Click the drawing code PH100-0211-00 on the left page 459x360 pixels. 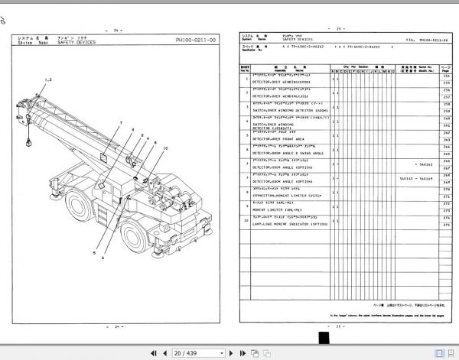tap(194, 41)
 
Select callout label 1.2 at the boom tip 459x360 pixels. tap(48, 80)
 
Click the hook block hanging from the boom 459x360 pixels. tap(28, 142)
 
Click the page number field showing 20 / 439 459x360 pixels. tap(187, 352)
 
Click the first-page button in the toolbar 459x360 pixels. tap(155, 352)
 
